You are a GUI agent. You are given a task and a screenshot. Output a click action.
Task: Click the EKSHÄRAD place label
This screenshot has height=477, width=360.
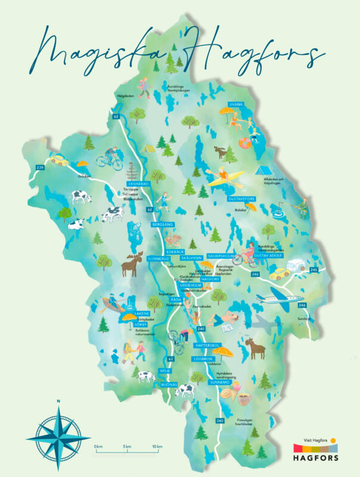(x=138, y=184)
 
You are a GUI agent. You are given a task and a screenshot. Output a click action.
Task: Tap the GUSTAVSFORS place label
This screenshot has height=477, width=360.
(x=241, y=199)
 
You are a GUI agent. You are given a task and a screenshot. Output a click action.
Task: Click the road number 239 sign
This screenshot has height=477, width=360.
(x=41, y=168)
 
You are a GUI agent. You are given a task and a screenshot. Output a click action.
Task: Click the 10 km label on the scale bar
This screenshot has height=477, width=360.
(x=157, y=446)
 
